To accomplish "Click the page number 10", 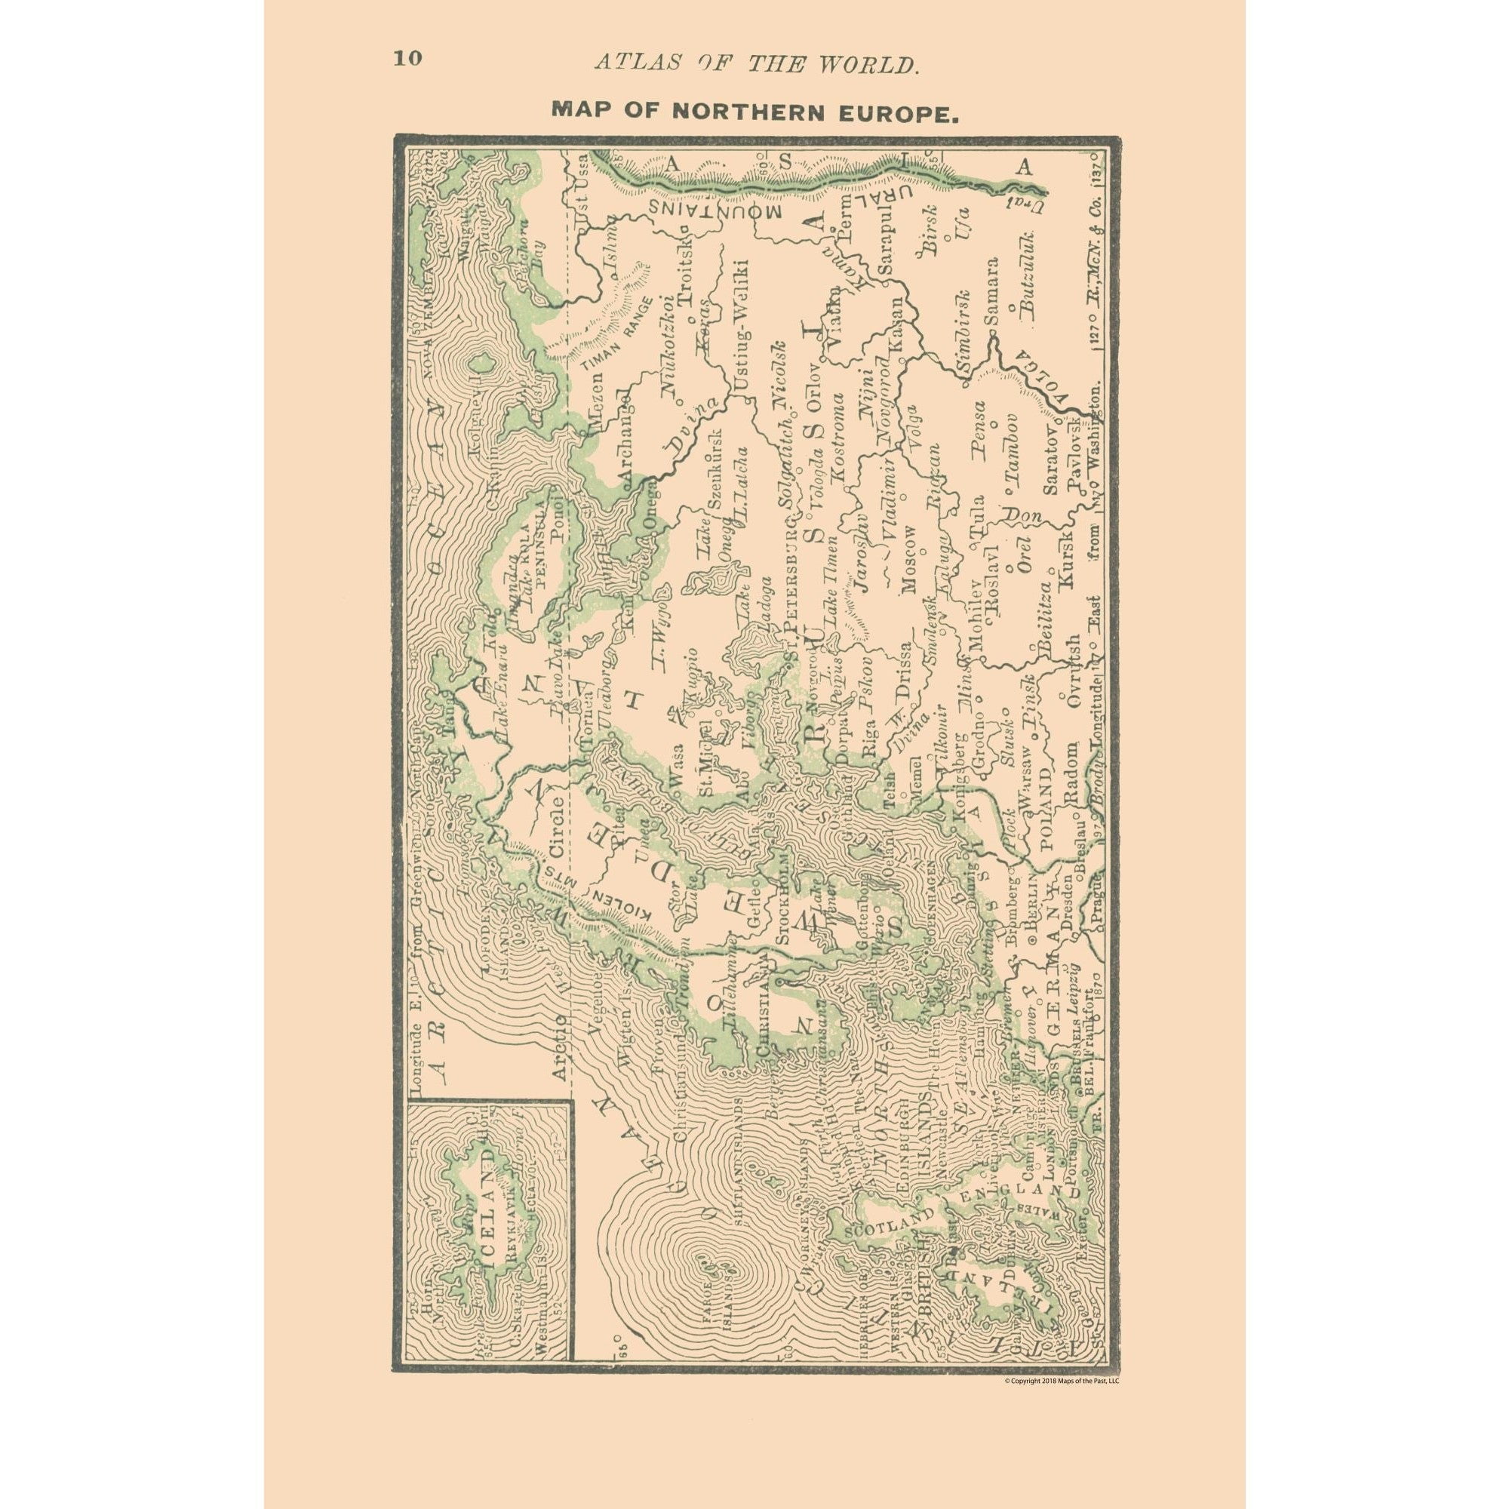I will tap(407, 60).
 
